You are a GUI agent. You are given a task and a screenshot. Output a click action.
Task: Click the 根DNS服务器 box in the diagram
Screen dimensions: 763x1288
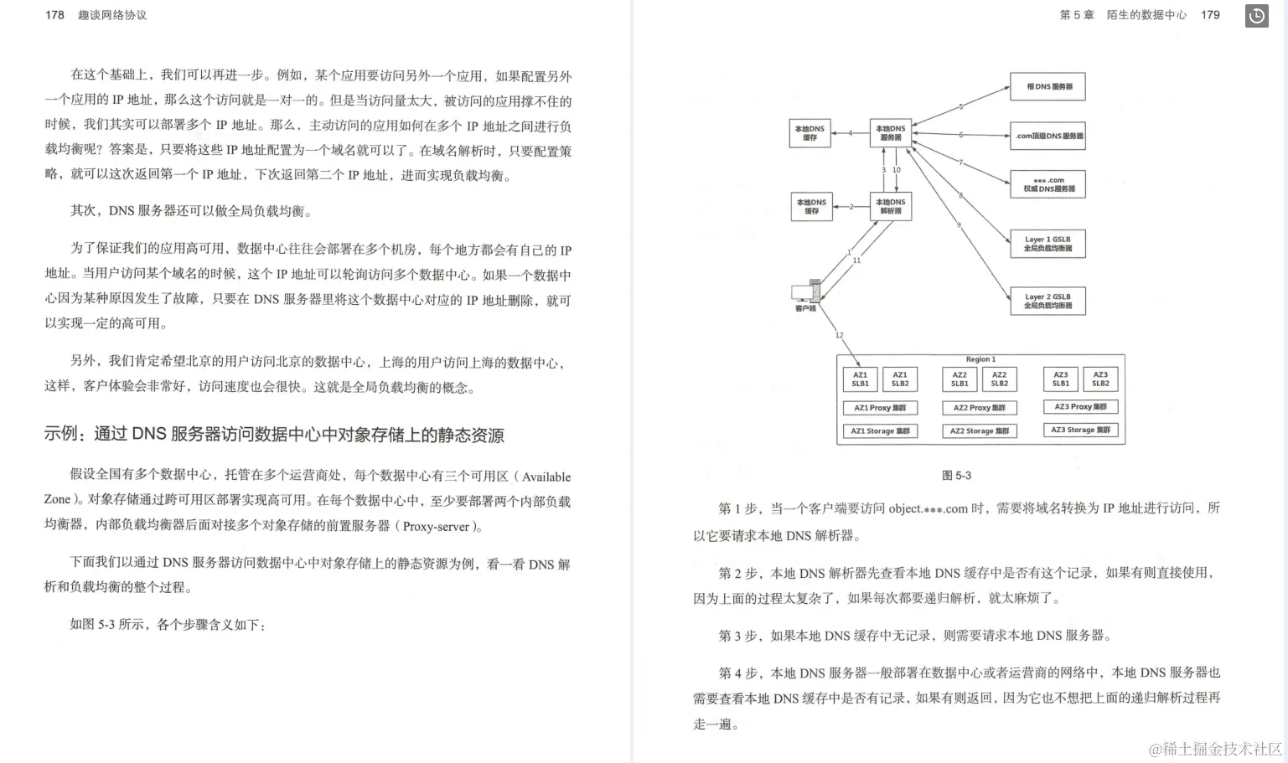tap(1048, 86)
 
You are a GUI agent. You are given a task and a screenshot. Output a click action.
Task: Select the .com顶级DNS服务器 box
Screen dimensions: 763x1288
tap(1048, 136)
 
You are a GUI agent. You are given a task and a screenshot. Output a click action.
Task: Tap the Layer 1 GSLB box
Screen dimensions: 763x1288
tap(1047, 244)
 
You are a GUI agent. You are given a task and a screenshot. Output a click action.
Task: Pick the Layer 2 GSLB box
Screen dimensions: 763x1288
tap(1047, 302)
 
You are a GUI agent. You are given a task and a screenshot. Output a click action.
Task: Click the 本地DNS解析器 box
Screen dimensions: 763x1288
tap(890, 206)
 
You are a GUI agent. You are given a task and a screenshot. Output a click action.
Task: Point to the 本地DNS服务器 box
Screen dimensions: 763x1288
tap(890, 132)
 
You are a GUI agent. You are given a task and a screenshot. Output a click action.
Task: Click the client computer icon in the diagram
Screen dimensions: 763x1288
tap(804, 292)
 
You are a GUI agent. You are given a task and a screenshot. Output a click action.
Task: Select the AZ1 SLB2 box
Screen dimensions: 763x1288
tap(900, 379)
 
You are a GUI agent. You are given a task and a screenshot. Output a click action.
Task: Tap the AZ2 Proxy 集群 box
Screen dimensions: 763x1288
tap(979, 408)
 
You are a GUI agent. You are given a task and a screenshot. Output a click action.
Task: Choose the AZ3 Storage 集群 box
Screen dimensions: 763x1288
tap(1080, 430)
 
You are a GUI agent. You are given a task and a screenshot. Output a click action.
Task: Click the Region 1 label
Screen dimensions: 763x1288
tap(980, 359)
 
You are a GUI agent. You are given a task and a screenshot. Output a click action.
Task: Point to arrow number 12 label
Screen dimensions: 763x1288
tap(839, 335)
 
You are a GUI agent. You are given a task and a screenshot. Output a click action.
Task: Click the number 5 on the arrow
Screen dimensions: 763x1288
tap(960, 106)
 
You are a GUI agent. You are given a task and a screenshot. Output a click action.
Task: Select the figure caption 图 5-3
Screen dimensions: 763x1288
tap(956, 476)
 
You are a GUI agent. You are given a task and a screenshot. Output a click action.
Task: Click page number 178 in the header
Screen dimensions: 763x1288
tap(54, 15)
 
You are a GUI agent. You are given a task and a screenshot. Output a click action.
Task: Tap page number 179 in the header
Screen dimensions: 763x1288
tap(1210, 15)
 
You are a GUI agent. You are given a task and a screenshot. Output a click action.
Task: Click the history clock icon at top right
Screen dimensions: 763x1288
tap(1257, 16)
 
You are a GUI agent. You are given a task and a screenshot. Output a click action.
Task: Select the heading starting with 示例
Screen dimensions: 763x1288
tap(274, 435)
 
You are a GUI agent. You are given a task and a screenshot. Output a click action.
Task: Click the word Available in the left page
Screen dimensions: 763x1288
tap(546, 477)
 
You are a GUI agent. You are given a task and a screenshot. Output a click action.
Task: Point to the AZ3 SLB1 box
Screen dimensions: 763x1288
tap(1061, 379)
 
